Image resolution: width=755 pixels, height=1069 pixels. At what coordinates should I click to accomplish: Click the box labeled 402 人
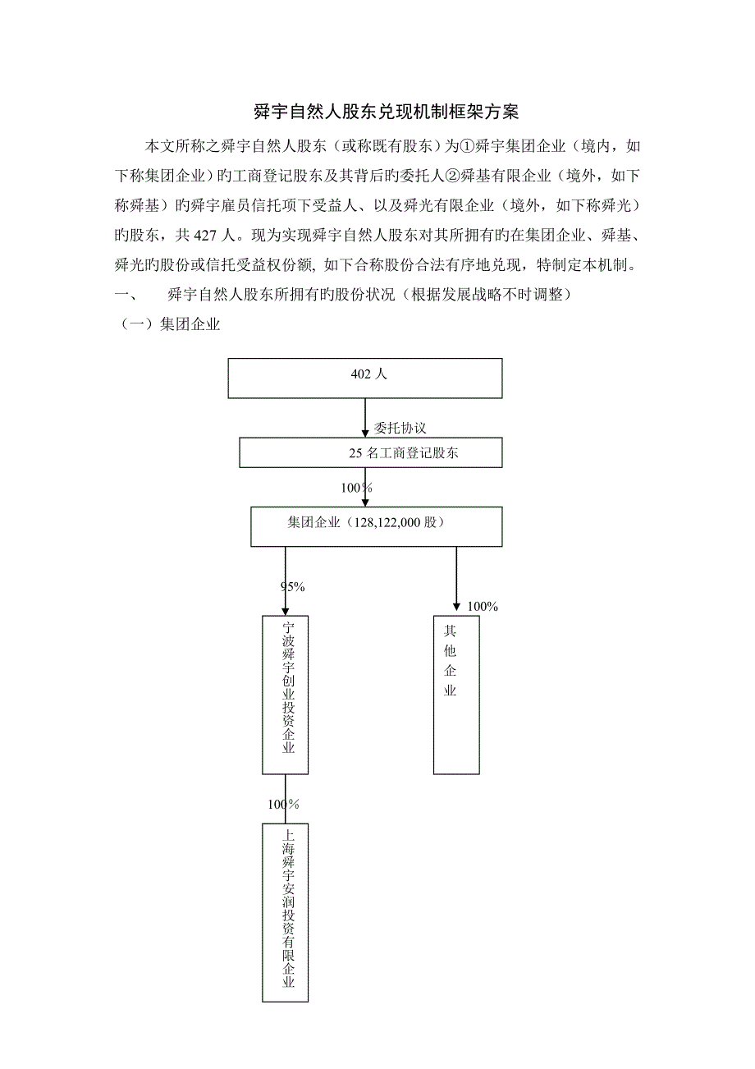[365, 378]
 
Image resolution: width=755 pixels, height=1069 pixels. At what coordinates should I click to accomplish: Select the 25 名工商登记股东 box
[365, 452]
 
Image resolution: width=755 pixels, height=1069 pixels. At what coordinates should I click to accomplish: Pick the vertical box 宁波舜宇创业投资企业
[285, 694]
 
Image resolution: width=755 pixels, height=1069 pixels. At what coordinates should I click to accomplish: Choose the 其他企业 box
[456, 694]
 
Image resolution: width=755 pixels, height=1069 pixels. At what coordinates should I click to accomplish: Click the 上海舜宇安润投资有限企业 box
[285, 913]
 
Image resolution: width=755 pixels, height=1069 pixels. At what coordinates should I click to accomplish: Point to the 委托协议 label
[400, 428]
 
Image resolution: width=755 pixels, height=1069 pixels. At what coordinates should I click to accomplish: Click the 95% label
[293, 586]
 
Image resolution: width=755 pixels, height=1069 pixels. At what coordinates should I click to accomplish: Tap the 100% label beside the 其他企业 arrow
[482, 606]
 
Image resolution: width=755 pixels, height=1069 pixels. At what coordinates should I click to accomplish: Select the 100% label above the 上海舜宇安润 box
[283, 804]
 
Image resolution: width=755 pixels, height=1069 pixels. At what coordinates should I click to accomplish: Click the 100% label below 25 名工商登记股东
[356, 488]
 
